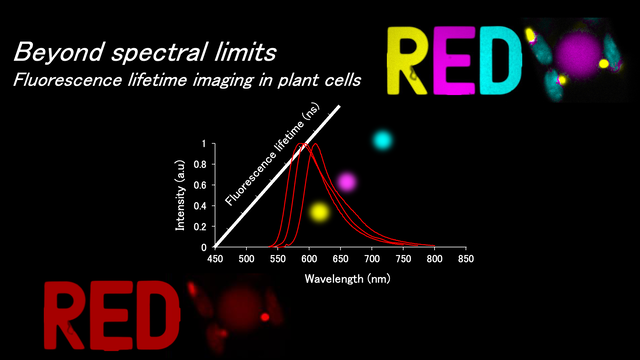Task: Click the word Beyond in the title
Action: click(59, 52)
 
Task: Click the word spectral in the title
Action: click(157, 53)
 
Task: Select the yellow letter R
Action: click(407, 60)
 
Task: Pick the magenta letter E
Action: click(454, 60)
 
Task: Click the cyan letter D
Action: click(501, 60)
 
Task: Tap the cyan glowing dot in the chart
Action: click(383, 140)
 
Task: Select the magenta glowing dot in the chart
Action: click(347, 182)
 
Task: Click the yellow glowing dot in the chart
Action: click(319, 212)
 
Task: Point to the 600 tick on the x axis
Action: click(309, 259)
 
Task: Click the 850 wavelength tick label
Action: click(466, 259)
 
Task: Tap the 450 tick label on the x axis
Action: click(215, 259)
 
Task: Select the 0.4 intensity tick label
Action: click(200, 206)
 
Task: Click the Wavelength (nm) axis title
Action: click(347, 279)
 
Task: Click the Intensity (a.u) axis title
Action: click(180, 195)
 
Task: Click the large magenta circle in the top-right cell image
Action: click(579, 55)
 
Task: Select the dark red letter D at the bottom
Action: click(156, 315)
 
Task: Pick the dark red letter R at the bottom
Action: click(66, 315)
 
